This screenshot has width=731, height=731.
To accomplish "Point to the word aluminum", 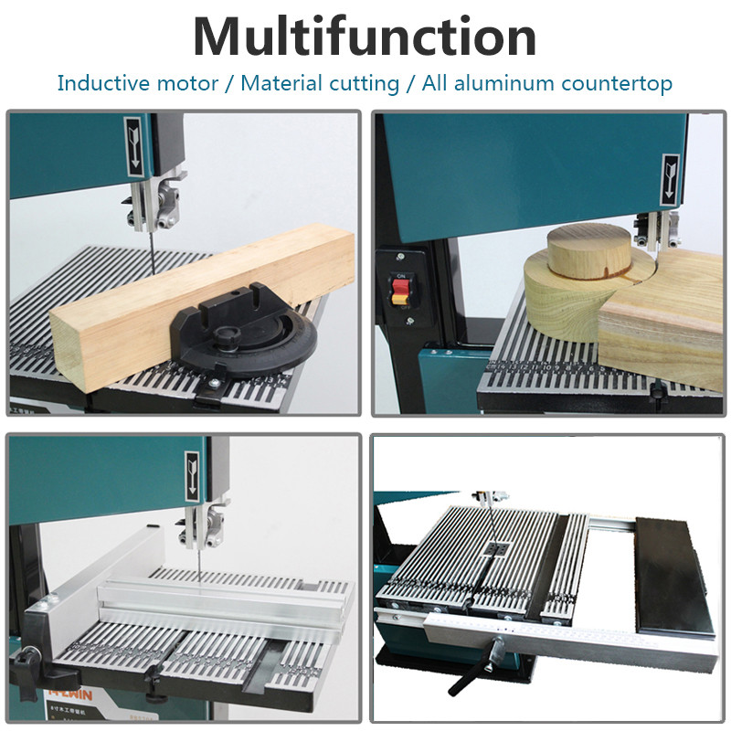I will [x=488, y=83].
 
